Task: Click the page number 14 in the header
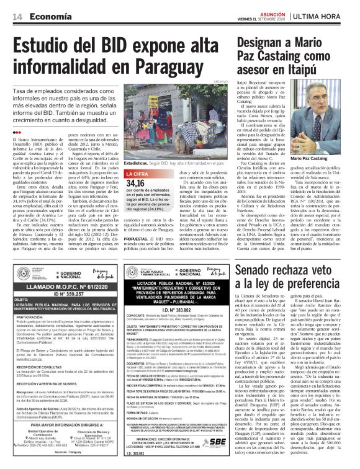(17, 17)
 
